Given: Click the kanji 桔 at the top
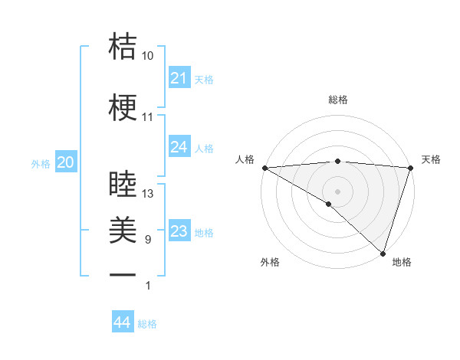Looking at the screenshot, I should (x=123, y=46).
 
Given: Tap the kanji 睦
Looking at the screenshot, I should (x=123, y=182).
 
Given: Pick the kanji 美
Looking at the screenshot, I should (x=123, y=228).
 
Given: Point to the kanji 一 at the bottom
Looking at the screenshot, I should (x=123, y=273).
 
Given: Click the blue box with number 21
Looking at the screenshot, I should (x=179, y=78).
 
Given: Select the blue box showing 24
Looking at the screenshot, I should (x=179, y=147).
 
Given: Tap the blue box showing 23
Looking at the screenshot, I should (x=179, y=231).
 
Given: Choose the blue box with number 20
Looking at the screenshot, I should (x=65, y=162).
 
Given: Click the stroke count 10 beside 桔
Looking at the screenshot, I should (x=148, y=57).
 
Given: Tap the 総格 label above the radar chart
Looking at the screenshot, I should (x=337, y=100).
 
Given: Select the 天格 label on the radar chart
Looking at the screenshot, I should (x=431, y=159).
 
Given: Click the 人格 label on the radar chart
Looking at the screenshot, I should (x=245, y=159).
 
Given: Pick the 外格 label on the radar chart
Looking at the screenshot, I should (x=269, y=262).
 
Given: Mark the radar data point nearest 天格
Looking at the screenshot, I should (x=410, y=168).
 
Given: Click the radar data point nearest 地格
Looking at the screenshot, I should (x=383, y=253).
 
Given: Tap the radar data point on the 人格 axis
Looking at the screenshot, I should (x=264, y=168).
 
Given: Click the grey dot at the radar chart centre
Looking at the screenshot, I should (x=337, y=191).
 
